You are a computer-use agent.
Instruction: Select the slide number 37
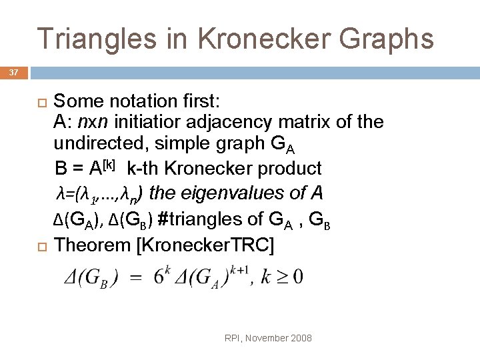pyautogui.click(x=14, y=71)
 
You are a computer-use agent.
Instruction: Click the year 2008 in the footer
pyautogui.click(x=300, y=339)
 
